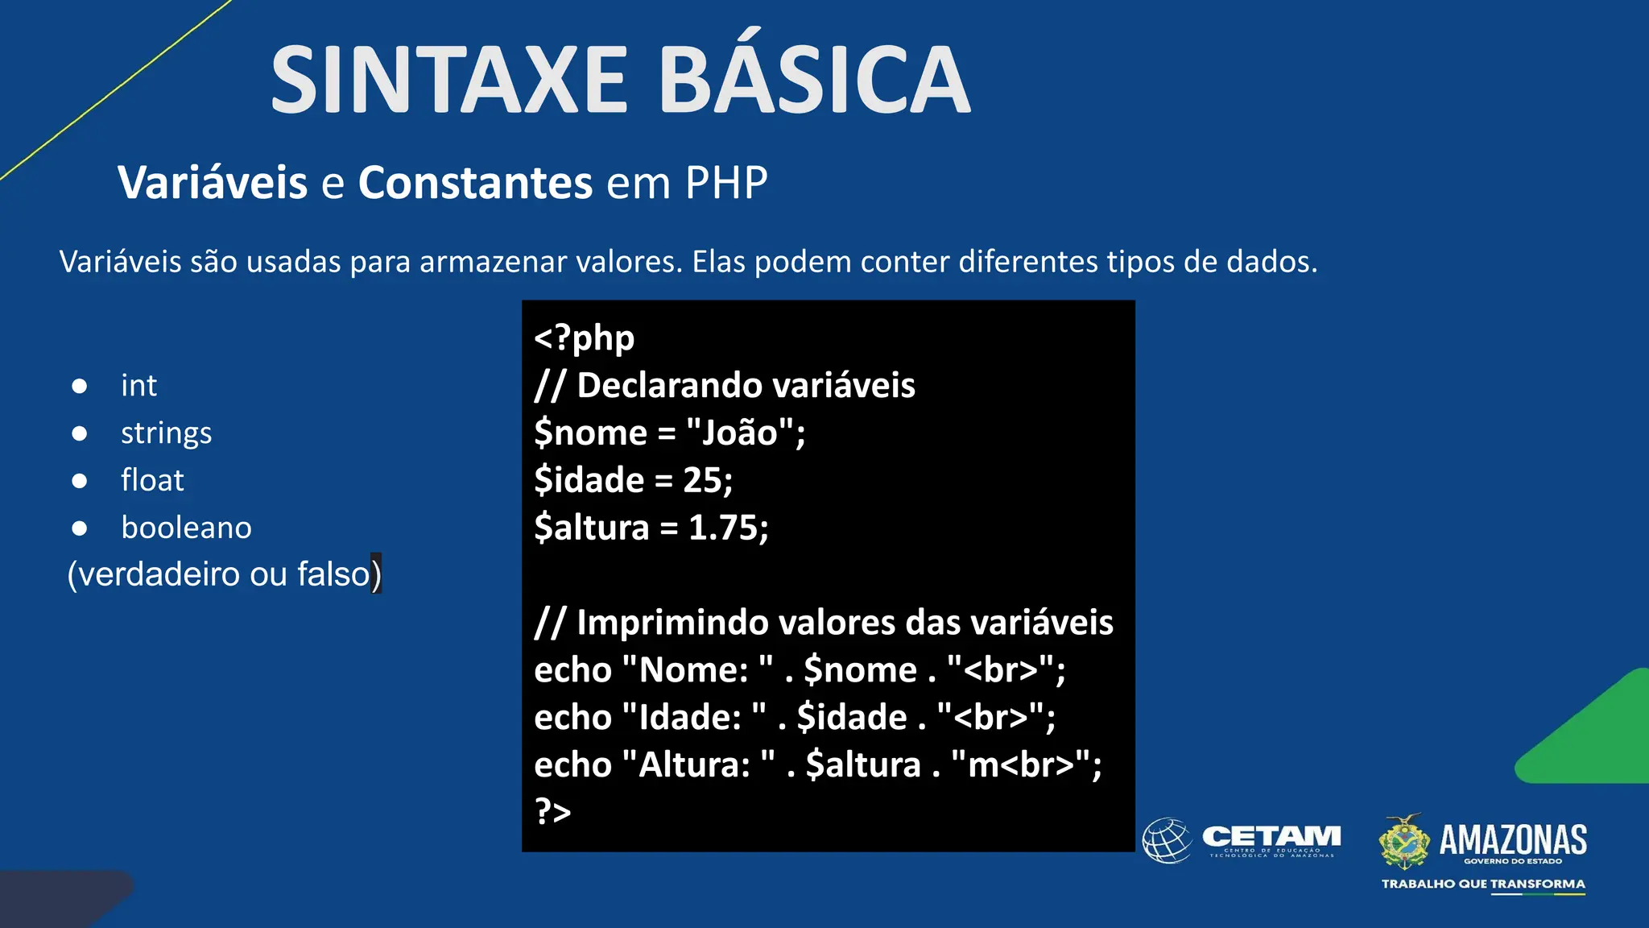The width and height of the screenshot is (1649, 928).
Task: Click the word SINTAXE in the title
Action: click(448, 81)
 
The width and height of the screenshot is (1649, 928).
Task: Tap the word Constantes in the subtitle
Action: click(475, 183)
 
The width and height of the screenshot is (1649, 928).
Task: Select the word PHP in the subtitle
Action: click(726, 183)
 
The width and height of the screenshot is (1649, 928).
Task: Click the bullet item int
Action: click(138, 386)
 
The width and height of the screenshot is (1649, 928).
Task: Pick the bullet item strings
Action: click(166, 433)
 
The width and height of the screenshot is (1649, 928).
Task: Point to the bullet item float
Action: click(152, 480)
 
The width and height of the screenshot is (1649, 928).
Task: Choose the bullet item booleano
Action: click(186, 528)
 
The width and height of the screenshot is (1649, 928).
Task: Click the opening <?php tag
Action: click(584, 338)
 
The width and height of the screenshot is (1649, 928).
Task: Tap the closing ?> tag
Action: click(552, 811)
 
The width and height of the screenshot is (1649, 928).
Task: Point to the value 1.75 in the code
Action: click(723, 528)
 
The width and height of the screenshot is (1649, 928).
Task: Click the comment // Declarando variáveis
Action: click(725, 385)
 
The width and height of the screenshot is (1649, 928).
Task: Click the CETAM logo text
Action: click(1271, 837)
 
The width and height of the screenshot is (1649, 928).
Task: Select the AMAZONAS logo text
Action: click(1512, 839)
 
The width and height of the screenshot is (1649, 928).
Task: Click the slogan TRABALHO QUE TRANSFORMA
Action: click(1483, 884)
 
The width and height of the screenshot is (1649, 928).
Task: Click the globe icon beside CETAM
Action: click(1167, 840)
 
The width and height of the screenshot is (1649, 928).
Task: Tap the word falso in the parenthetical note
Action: click(333, 574)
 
